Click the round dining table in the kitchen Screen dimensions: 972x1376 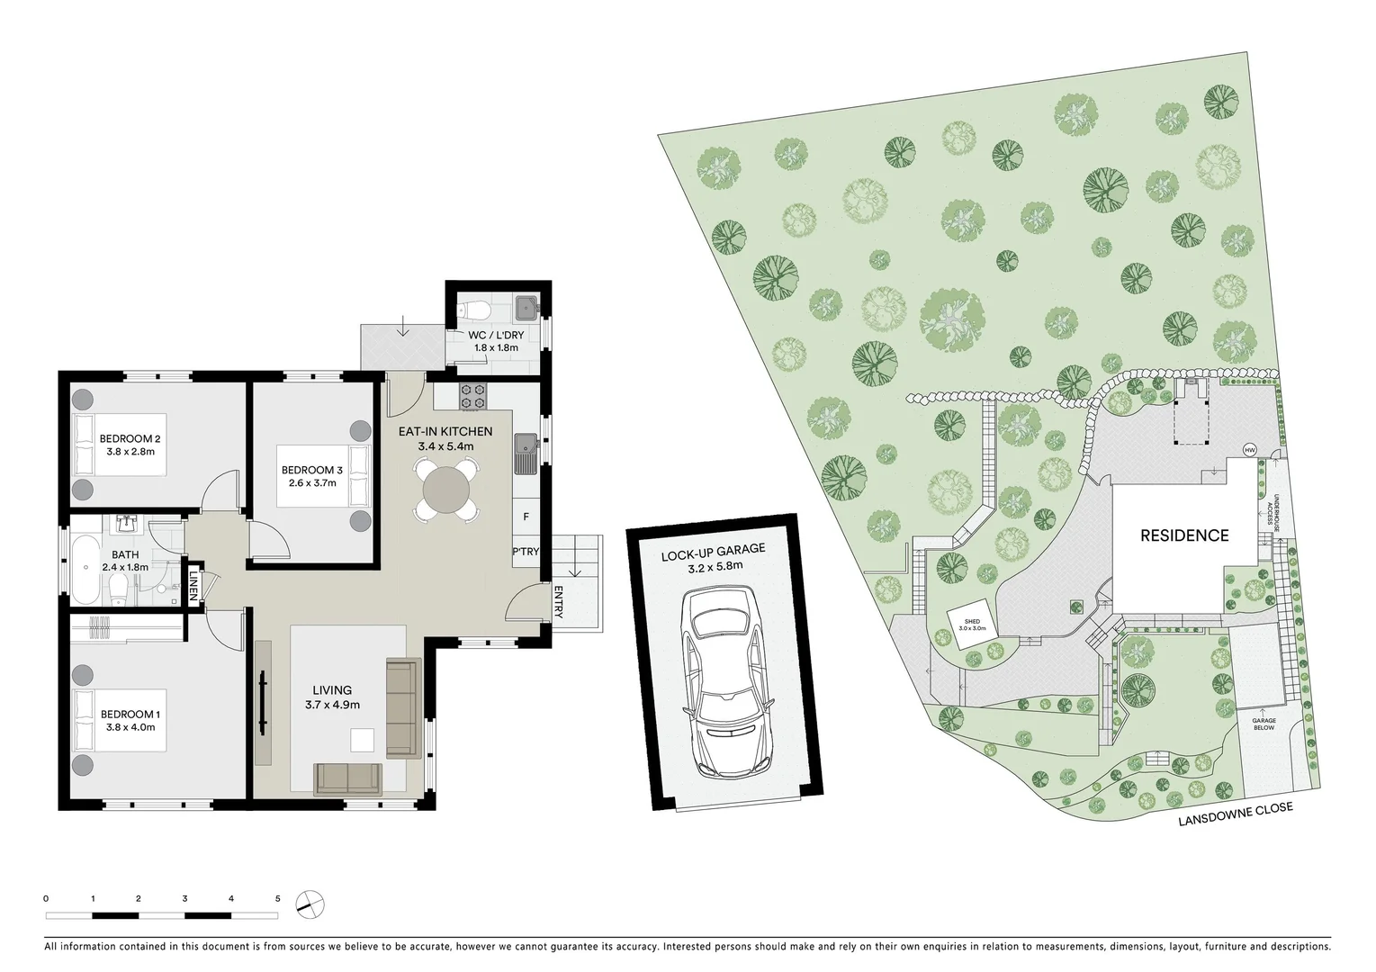[x=446, y=490]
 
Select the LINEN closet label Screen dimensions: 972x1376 [x=192, y=586]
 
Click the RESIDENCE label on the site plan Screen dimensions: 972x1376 [x=1184, y=535]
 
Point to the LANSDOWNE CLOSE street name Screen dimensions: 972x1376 [x=1237, y=813]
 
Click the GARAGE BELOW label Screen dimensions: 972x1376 [x=1264, y=723]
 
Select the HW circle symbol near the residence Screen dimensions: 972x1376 [x=1249, y=450]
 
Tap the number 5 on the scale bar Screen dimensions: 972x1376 [x=278, y=898]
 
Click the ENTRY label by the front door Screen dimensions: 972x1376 [x=558, y=602]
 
